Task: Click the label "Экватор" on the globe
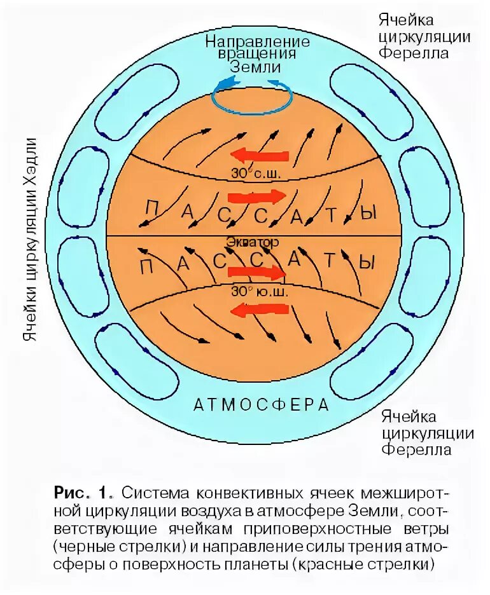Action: click(x=252, y=243)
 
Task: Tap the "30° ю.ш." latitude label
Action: click(x=255, y=292)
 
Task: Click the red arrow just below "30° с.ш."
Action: click(x=255, y=196)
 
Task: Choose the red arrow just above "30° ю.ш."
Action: click(x=255, y=273)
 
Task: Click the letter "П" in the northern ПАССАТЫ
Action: click(x=151, y=208)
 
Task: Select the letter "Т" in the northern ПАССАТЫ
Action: click(x=330, y=215)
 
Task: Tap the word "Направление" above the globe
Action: click(x=257, y=42)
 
